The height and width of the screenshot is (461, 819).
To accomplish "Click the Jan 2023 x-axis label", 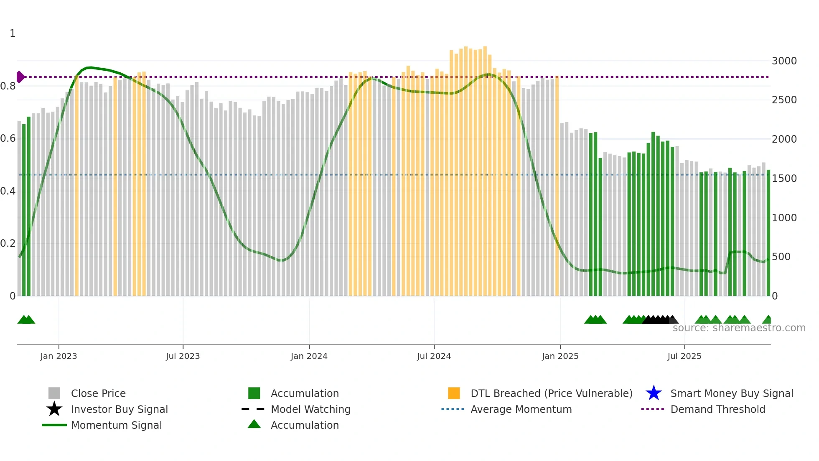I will pos(58,356).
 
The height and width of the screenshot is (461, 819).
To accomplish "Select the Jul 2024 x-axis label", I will pos(434,356).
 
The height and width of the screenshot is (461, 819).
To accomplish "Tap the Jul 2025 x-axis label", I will pos(684,356).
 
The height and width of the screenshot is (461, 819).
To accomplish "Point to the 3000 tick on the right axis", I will pos(784,61).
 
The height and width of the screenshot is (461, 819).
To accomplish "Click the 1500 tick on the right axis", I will pos(784,179).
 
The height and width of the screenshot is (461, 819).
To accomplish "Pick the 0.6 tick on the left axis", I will pos(8,138).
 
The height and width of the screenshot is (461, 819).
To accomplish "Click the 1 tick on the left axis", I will pos(13,33).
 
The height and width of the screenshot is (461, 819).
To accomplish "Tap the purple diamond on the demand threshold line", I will pos(20,77).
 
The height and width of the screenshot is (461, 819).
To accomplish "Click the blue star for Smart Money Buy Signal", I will pos(654,393).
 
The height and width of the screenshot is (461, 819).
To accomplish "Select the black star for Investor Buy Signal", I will pos(54,409).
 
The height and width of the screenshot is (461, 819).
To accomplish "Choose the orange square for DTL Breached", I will pos(454,393).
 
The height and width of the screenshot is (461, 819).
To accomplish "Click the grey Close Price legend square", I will pos(54,393).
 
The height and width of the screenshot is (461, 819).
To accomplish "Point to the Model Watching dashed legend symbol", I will pos(253,409).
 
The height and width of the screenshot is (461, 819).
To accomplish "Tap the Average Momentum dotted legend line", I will pos(453,409).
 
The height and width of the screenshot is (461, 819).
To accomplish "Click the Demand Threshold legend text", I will pos(717,409).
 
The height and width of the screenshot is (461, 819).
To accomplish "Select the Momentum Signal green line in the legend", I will pos(54,425).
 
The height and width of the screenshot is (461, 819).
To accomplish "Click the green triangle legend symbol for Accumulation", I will pos(254,424).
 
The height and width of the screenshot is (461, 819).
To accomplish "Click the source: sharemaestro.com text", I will pos(739,328).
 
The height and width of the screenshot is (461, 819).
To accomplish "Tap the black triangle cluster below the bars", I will pos(658,320).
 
